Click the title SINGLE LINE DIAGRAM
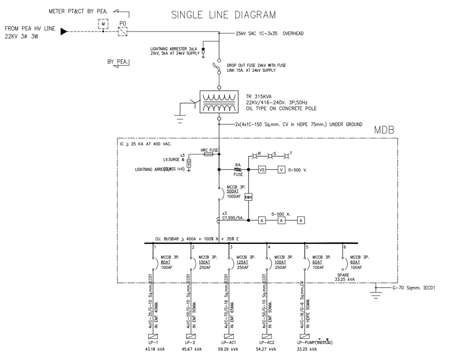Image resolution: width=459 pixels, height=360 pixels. (223, 15)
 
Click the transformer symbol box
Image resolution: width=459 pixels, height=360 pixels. (219, 102)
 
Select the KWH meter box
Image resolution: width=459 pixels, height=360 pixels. (248, 197)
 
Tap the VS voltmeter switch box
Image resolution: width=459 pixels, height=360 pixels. (262, 170)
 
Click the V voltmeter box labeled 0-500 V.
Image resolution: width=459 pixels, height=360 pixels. (282, 170)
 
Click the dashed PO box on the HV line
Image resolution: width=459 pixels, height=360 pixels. (122, 31)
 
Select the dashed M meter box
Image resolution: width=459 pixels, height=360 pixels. (103, 22)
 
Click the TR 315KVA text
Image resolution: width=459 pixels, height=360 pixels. (260, 95)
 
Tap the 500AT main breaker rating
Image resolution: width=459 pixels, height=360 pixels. (233, 190)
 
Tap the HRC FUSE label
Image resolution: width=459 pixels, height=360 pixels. (209, 150)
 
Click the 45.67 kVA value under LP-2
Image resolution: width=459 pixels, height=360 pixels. (192, 349)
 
